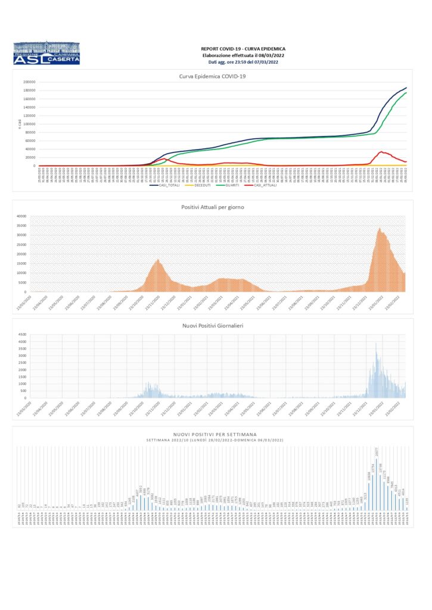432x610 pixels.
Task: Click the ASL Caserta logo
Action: tap(46, 53)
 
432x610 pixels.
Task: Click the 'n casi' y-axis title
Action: tap(19, 123)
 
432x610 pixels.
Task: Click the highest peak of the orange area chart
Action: tap(380, 229)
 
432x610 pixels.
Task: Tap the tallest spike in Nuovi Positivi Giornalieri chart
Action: tap(376, 344)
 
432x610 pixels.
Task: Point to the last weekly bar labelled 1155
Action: tap(407, 507)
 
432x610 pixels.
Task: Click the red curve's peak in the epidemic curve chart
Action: tap(381, 152)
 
